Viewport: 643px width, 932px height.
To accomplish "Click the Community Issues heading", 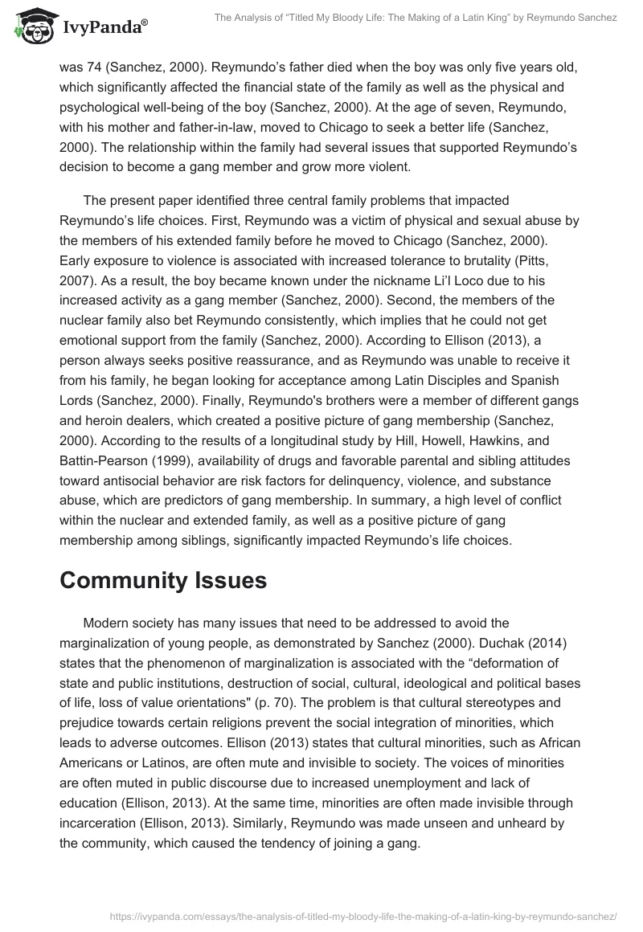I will [162, 581].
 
